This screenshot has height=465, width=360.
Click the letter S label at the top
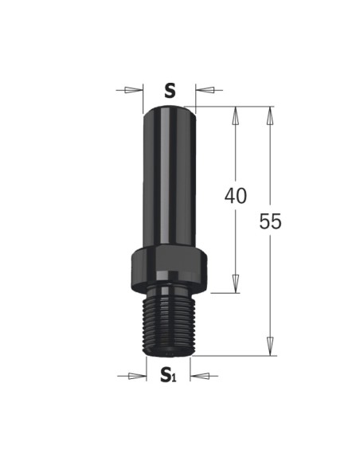coord(170,91)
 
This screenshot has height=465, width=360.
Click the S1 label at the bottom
coord(168,374)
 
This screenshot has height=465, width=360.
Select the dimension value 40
coord(236,196)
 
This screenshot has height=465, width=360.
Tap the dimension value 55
coord(270,221)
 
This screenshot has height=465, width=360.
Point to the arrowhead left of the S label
coord(133,90)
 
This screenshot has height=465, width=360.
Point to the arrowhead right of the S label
coord(205,89)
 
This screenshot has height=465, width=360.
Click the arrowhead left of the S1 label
coord(137,376)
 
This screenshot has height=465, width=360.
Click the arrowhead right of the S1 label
coord(200,376)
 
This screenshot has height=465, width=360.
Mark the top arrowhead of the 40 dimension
coord(236,115)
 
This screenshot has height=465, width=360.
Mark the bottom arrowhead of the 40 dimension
coord(236,283)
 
